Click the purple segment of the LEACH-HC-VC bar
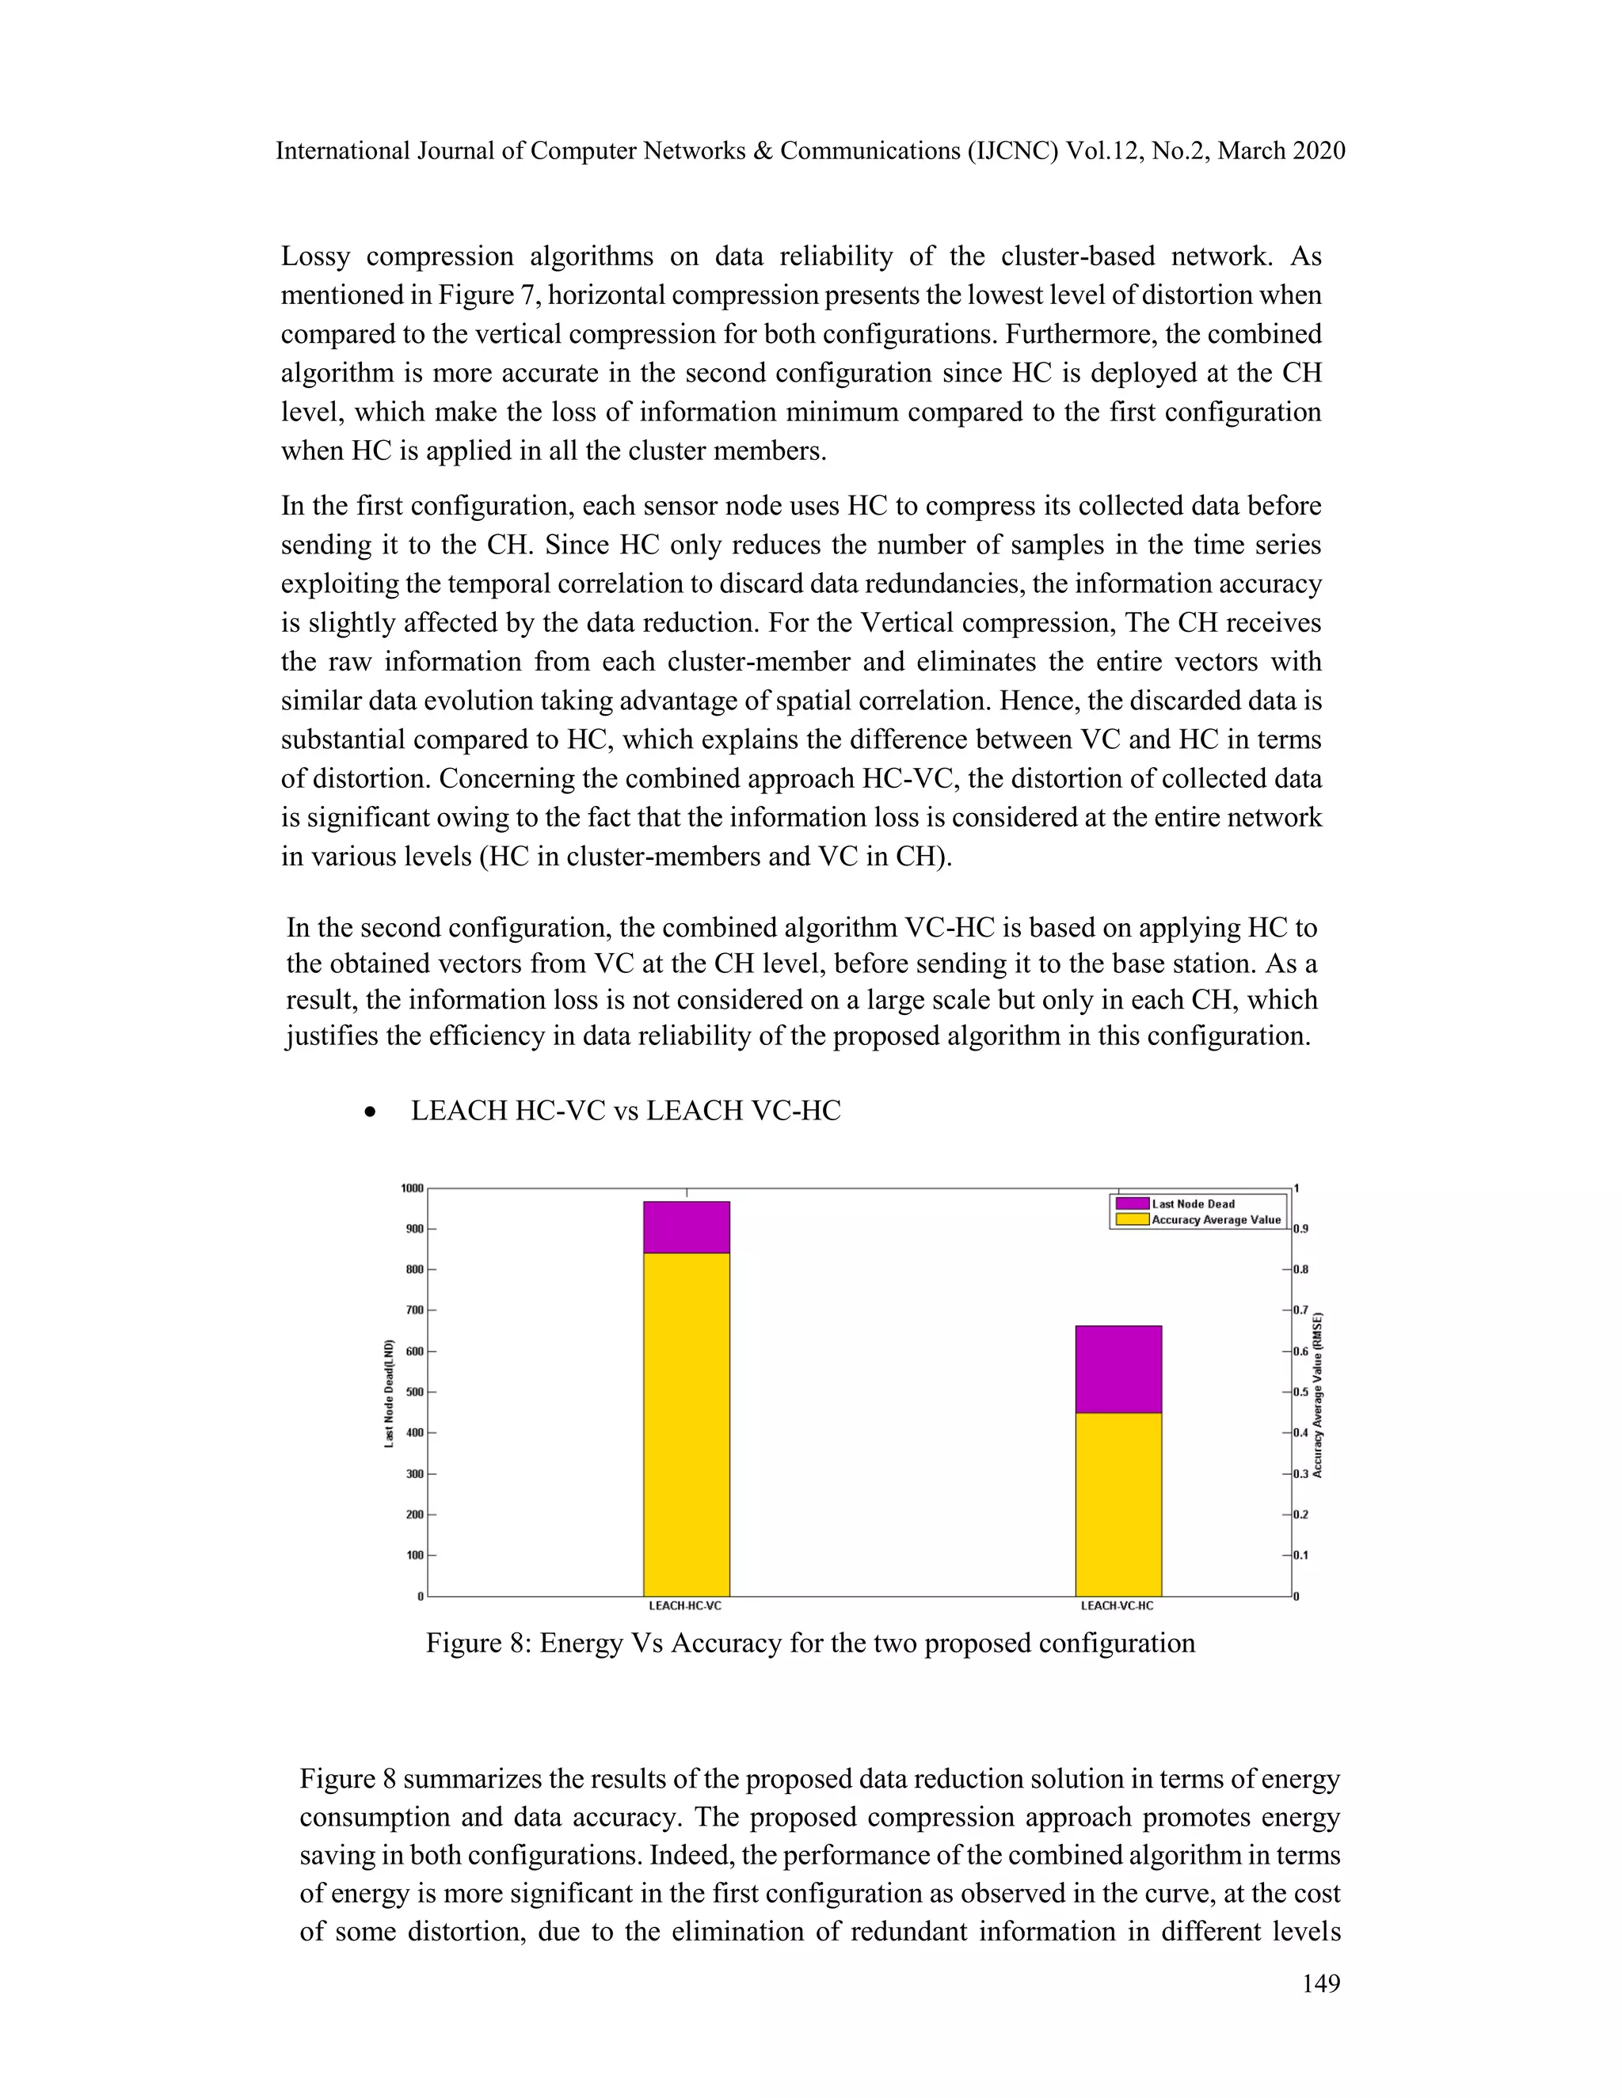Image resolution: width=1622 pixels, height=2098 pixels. pyautogui.click(x=686, y=1226)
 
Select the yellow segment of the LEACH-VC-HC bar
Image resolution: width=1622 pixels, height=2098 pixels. pyautogui.click(x=1118, y=1503)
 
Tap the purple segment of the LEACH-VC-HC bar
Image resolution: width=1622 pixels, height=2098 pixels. pyautogui.click(x=1118, y=1369)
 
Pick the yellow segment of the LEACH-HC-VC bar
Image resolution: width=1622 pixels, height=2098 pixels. pyautogui.click(x=686, y=1423)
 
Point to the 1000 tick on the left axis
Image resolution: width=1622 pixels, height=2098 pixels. pyautogui.click(x=412, y=1188)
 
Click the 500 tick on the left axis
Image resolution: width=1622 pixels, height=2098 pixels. pyautogui.click(x=414, y=1392)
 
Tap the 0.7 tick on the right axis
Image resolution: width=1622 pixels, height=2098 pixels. pyautogui.click(x=1300, y=1310)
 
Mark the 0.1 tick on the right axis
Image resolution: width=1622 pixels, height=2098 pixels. pyautogui.click(x=1300, y=1555)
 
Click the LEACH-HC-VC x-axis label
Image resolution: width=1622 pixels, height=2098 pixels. pyautogui.click(x=685, y=1606)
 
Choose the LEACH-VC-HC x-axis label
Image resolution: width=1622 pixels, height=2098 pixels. pyautogui.click(x=1117, y=1606)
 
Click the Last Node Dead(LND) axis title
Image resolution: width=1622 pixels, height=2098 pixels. pyautogui.click(x=389, y=1393)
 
